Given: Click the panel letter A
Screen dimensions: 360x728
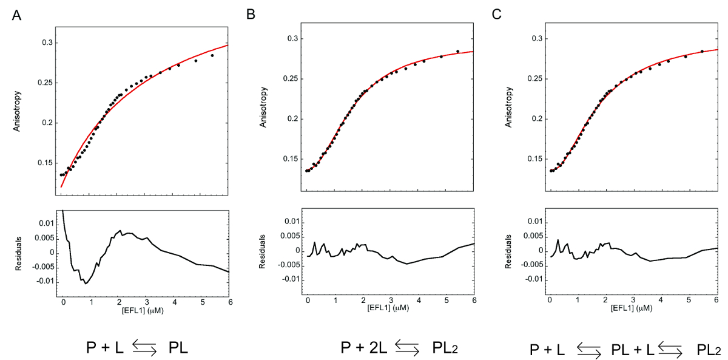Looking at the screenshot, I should pos(17,15).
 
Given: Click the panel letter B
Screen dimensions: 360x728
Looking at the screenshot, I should pos(251,15).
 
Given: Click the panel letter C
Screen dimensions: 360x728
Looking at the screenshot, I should pos(497,15).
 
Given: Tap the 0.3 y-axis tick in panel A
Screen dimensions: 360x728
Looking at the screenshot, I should pos(47,42).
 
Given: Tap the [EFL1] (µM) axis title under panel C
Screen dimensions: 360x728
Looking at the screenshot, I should pos(632,308).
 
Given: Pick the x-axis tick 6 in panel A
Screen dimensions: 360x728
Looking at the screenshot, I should pos(229,302).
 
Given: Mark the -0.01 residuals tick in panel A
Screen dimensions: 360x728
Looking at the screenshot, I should pos(45,282).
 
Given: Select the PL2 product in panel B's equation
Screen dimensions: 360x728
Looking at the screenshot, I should pos(448,348).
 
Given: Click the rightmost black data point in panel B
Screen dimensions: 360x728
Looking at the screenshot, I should pos(457,52).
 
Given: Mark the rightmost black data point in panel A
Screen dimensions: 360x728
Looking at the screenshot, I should pos(212,55).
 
